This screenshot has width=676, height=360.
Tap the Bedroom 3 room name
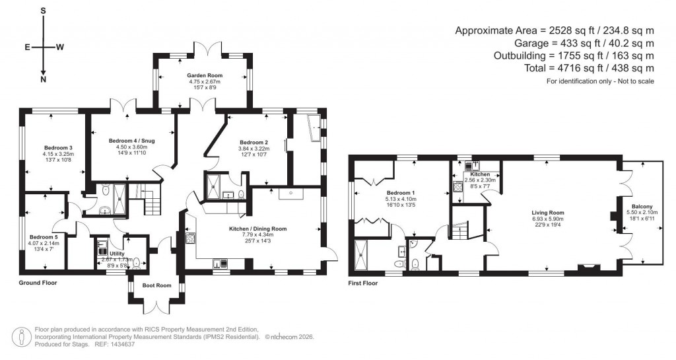(58, 147)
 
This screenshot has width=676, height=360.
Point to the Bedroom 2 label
(253, 143)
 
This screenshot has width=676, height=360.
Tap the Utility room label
(117, 254)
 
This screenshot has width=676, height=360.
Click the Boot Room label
(157, 286)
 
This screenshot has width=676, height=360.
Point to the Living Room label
(548, 213)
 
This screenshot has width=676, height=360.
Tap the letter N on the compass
(44, 80)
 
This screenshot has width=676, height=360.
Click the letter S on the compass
(44, 11)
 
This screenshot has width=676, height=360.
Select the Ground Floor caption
(38, 283)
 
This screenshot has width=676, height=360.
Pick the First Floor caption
(366, 283)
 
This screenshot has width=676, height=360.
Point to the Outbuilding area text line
(555, 55)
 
